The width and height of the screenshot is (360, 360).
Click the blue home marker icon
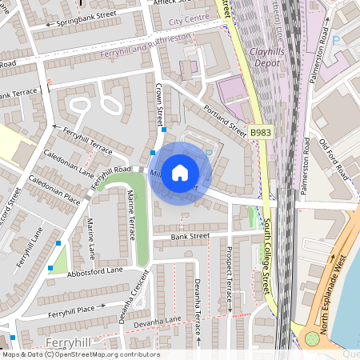[180, 173]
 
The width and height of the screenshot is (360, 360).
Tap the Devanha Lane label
[158, 321]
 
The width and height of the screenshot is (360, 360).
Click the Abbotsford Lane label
[94, 271]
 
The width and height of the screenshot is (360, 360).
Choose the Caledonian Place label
[55, 189]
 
